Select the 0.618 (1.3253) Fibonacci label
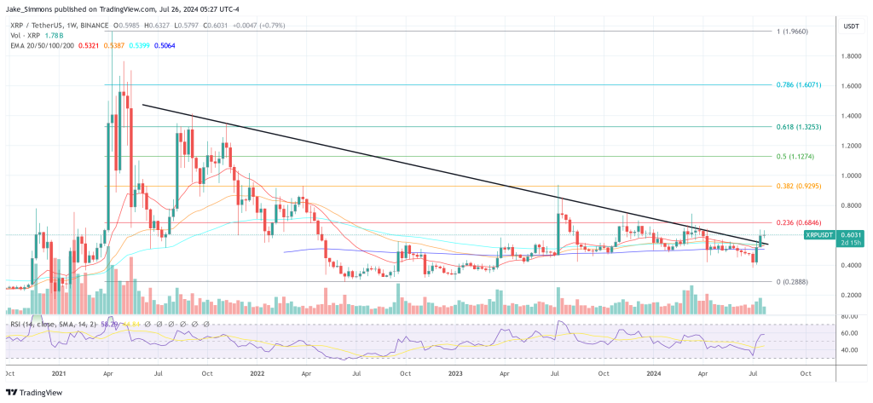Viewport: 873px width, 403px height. click(798, 126)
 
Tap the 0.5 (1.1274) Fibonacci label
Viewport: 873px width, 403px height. click(795, 156)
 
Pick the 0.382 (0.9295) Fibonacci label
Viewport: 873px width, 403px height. click(798, 186)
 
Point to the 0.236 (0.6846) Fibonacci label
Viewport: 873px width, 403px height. click(798, 222)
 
